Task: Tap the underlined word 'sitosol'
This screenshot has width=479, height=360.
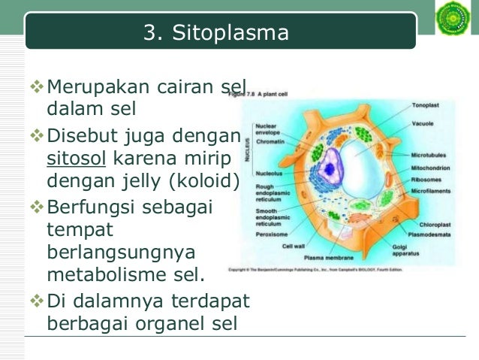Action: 74,159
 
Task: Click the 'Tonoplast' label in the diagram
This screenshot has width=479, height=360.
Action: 426,105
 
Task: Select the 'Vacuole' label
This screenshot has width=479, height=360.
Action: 422,123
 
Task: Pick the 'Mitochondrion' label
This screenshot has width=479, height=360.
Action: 430,167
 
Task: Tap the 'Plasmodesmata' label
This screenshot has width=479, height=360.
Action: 432,234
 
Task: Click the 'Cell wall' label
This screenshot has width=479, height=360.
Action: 293,246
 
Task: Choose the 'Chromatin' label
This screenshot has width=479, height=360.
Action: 270,141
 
